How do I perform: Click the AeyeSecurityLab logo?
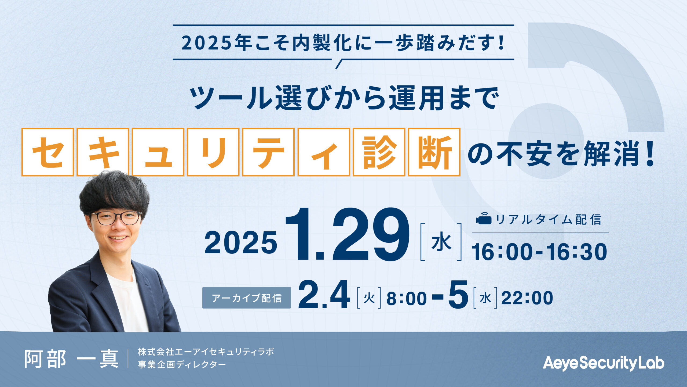tap(604, 363)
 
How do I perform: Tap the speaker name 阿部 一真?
tap(72, 359)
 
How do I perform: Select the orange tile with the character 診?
tap(379, 152)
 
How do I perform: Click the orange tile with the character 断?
tap(434, 152)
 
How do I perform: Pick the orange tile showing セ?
tap(48, 152)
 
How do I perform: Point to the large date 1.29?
tap(347, 234)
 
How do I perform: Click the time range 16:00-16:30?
tap(539, 252)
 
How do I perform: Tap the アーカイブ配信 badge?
tap(247, 298)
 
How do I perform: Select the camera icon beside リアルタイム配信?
tap(484, 219)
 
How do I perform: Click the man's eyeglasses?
tap(116, 218)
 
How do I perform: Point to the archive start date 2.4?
tap(324, 295)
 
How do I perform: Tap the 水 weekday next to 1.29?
tap(441, 242)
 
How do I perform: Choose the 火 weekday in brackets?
tap(369, 298)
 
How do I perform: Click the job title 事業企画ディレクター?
tap(182, 364)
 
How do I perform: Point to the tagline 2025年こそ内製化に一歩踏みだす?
tap(343, 43)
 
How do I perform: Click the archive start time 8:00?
tap(407, 298)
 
